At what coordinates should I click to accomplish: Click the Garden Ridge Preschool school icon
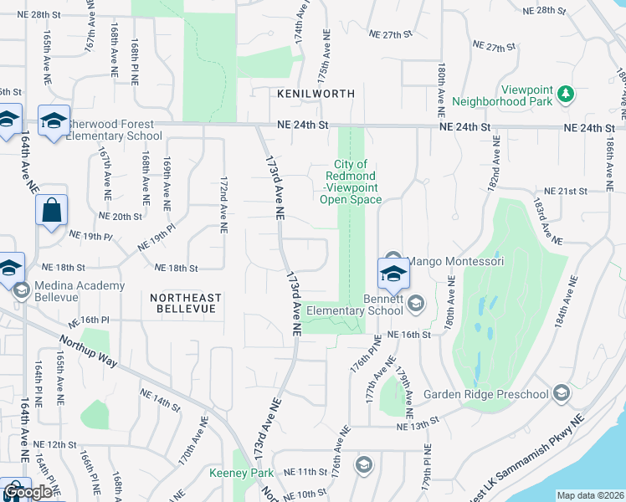pyautogui.click(x=560, y=394)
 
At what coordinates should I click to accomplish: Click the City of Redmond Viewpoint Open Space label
pyautogui.click(x=351, y=182)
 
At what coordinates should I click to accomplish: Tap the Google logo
pyautogui.click(x=28, y=492)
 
